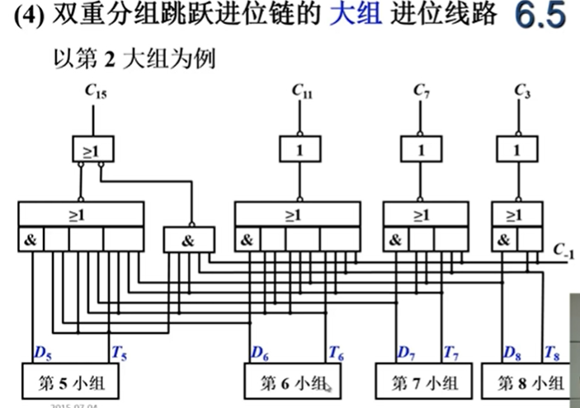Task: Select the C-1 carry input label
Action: pos(563,249)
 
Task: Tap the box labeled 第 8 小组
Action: pos(531,384)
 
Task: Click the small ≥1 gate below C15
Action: pos(92,149)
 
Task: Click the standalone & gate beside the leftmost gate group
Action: pos(189,240)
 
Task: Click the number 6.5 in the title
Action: pos(541,17)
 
